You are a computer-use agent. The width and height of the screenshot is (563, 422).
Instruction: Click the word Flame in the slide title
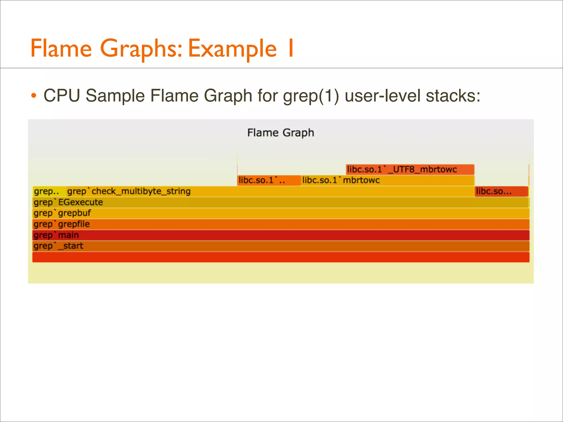(61, 48)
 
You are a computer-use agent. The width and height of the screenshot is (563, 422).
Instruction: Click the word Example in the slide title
(232, 49)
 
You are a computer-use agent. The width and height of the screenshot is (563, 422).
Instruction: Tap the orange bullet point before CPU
(34, 96)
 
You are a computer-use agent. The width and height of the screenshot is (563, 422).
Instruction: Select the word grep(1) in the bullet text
(311, 96)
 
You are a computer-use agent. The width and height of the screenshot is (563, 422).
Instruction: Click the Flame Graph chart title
(280, 133)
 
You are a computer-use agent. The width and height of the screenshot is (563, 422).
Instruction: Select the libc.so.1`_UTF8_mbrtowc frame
(410, 170)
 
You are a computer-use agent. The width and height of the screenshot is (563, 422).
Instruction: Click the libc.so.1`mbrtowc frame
(388, 181)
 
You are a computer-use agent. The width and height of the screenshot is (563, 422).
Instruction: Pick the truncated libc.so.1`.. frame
(269, 181)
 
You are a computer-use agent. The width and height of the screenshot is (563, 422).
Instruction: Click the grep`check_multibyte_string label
(129, 191)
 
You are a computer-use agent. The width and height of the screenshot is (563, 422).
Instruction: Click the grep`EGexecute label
(68, 202)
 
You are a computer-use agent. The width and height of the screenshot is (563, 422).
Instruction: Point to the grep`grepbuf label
(62, 213)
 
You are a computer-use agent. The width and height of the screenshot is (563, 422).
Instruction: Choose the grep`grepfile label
(62, 224)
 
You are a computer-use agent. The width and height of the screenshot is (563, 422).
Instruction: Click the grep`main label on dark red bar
(56, 235)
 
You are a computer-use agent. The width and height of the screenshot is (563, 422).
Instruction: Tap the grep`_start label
(58, 246)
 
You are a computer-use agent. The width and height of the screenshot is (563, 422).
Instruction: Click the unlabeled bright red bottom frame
(280, 257)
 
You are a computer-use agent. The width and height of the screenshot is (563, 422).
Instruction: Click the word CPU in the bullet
(62, 96)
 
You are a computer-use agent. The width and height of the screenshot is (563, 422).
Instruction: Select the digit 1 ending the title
(290, 48)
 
